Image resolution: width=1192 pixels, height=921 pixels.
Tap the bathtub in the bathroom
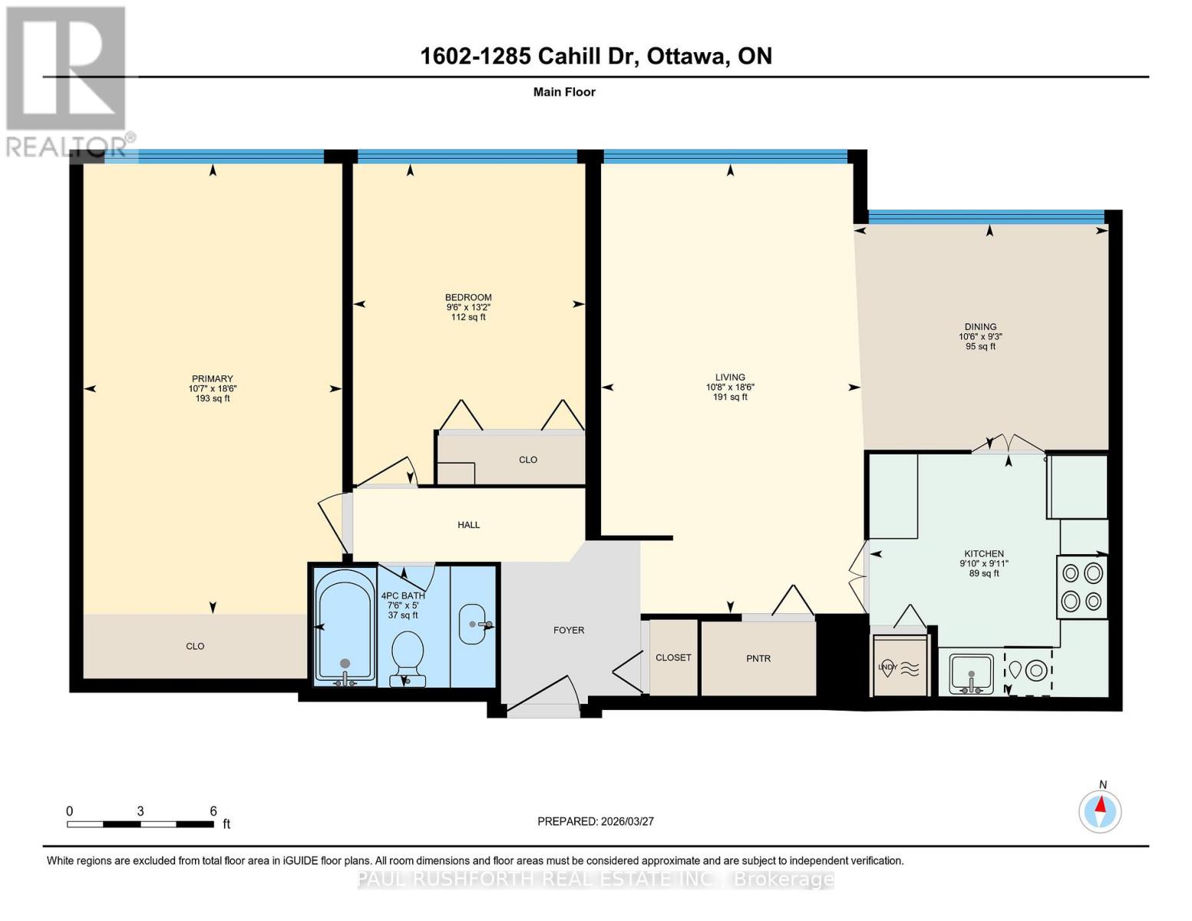click(345, 626)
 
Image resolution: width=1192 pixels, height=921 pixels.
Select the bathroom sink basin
click(474, 624)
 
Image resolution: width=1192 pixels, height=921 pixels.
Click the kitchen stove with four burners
click(1081, 587)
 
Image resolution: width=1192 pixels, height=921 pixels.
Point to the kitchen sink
click(971, 673)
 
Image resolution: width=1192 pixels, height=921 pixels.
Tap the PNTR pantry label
click(758, 659)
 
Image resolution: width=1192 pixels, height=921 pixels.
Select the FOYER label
click(569, 630)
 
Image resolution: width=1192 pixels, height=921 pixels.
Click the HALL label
click(468, 525)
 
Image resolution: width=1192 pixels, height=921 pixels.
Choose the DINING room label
click(980, 326)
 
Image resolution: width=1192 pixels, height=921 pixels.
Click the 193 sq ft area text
click(213, 398)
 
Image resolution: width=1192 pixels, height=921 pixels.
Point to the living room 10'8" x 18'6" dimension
click(730, 388)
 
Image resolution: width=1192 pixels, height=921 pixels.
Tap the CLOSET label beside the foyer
click(673, 658)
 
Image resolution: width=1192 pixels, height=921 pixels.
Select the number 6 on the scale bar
click(213, 811)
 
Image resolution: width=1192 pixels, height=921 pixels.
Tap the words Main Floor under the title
click(564, 92)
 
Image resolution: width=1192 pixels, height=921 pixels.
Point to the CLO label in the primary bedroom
click(195, 646)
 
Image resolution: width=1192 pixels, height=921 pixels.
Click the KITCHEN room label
click(984, 553)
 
